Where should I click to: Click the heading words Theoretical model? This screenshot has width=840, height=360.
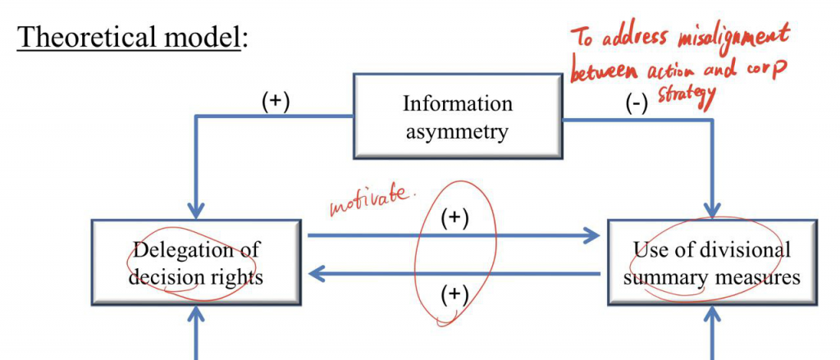[129, 38]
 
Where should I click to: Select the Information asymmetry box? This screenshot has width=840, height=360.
[458, 116]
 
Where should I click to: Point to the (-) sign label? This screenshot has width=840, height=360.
[637, 105]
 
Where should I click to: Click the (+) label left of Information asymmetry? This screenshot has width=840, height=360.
[276, 103]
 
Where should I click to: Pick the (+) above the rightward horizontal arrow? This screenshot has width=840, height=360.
[454, 219]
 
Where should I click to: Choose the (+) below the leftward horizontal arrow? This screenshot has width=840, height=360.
[454, 294]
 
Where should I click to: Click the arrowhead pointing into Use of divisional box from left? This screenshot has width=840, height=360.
[591, 235]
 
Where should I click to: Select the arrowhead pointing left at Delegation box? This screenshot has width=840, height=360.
[317, 275]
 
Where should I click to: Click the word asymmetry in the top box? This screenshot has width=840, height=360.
[457, 130]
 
